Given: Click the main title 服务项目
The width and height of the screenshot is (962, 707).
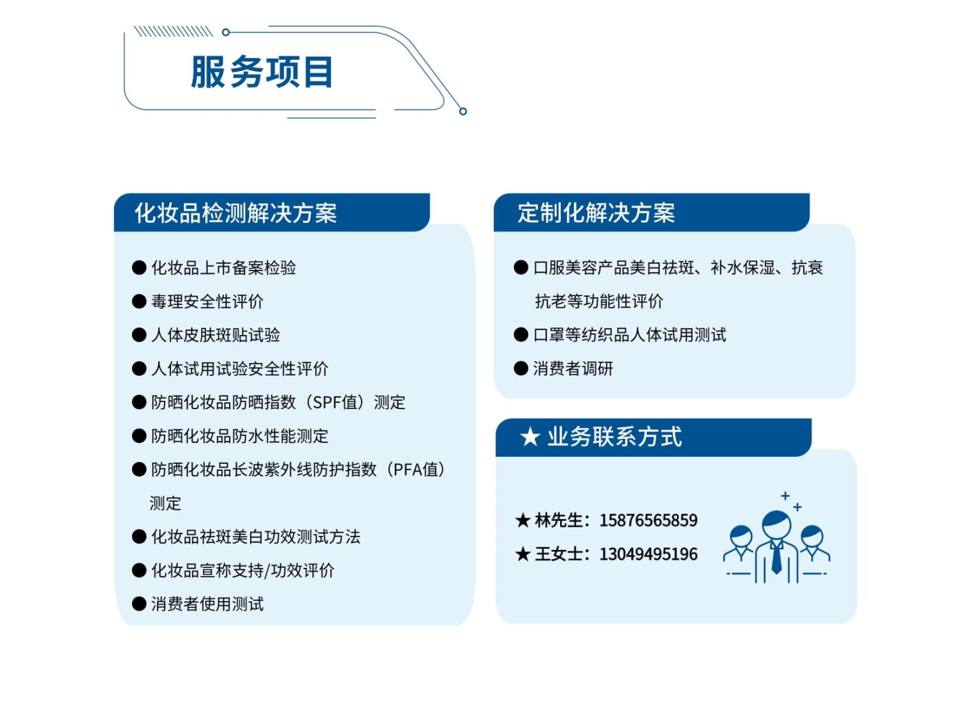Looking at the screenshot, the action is [x=262, y=72].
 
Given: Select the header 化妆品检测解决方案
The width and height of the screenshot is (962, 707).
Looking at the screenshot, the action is [x=236, y=212].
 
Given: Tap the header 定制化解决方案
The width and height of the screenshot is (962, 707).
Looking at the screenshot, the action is [x=596, y=212].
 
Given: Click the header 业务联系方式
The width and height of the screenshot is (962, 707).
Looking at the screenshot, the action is [x=614, y=437].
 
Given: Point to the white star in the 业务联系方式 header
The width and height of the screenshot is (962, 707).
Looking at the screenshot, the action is [x=530, y=437].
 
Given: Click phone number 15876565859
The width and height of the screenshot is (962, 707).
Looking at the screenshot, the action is [x=648, y=521].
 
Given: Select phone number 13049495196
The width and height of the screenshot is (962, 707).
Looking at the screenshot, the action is [x=648, y=554].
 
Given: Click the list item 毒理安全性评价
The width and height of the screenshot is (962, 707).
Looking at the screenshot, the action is [x=207, y=302].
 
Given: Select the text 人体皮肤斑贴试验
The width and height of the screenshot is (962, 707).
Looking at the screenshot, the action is [x=215, y=335].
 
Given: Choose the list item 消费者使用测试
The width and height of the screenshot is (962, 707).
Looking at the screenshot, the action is [x=207, y=604].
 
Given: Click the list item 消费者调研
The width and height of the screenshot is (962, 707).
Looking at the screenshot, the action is [x=573, y=369].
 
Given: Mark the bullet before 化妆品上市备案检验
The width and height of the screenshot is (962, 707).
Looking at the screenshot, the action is [x=139, y=267].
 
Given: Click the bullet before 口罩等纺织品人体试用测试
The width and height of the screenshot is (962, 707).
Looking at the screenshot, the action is [x=521, y=334].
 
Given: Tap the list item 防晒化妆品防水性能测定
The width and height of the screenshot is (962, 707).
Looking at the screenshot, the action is [x=240, y=436].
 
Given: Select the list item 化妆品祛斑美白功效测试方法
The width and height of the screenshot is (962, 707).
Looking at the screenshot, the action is [x=256, y=537].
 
